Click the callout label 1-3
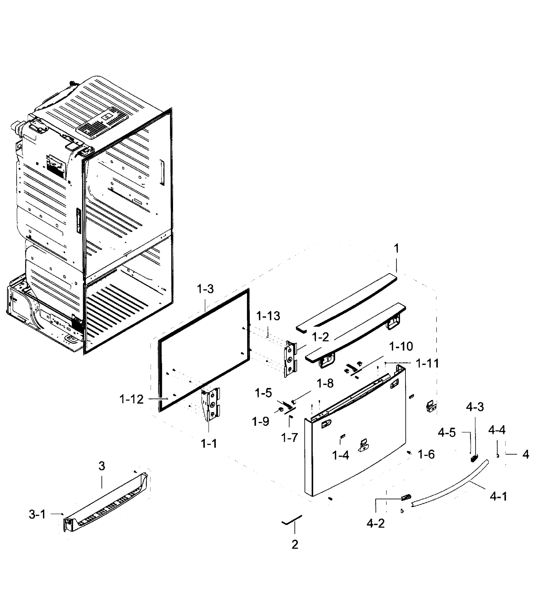tap(205, 289)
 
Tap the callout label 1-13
tap(268, 316)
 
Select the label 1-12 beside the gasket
tap(132, 399)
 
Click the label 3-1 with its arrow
tap(37, 515)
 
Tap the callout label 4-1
tap(498, 497)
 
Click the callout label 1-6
tap(426, 455)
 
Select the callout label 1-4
tap(341, 456)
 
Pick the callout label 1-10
tap(401, 346)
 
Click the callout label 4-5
tap(447, 432)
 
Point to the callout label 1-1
tap(209, 444)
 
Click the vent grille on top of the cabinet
tap(102, 123)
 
